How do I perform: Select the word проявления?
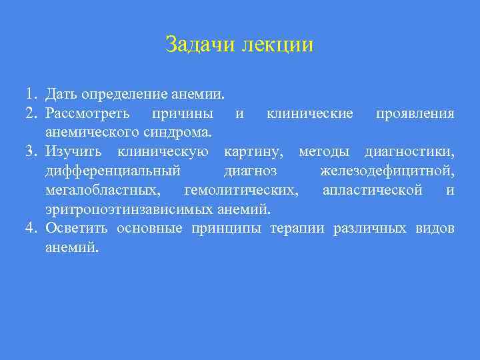coord(415,113)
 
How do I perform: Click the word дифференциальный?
coord(113,172)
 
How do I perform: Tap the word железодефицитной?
coord(387,172)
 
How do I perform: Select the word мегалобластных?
coord(103,191)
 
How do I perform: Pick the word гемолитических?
coord(241,191)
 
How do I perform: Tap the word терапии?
coord(297,229)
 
